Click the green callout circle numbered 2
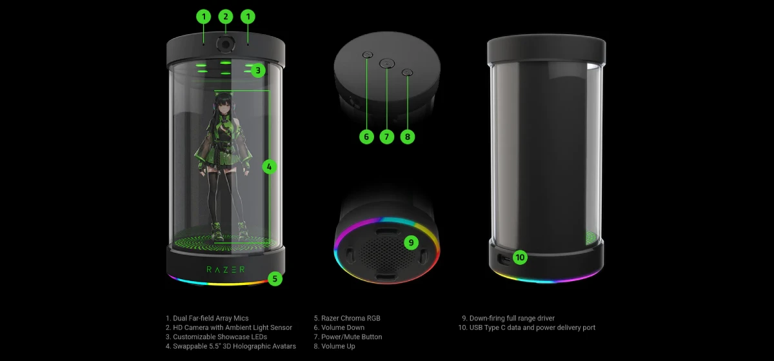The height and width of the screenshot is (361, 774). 226,17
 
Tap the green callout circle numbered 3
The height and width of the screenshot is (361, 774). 258,70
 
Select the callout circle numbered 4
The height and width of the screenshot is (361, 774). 269,167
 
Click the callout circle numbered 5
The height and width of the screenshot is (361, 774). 275,278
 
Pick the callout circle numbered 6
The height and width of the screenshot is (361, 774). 366,137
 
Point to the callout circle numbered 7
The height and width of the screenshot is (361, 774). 386,137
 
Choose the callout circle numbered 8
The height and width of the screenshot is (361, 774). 408,137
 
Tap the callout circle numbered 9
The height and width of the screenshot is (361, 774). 411,242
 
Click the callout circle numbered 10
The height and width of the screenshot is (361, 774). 520,257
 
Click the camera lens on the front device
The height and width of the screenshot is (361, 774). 226,44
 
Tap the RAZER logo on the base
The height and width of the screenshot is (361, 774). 226,269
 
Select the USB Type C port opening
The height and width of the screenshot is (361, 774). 504,259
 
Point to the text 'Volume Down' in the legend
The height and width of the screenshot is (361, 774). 342,327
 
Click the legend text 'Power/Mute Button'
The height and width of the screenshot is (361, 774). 352,337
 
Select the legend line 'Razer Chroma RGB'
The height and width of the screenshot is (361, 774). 351,318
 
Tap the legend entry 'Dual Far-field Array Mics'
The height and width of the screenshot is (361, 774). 211,318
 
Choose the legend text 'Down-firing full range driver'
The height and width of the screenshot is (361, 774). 511,318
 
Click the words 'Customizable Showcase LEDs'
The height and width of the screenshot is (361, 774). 220,337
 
